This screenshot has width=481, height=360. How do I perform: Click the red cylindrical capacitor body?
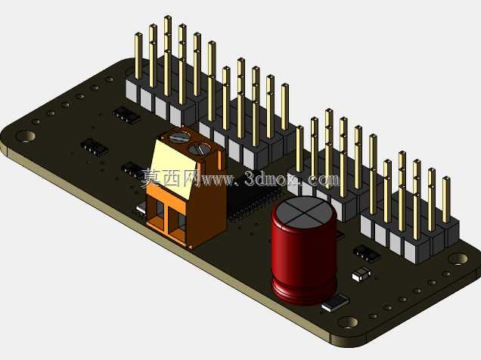coord(304,258)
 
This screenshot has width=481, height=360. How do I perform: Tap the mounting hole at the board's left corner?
coord(26,136)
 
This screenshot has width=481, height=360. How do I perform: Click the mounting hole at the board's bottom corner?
coord(348,322)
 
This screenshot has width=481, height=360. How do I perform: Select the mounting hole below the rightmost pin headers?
coord(458,259)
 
